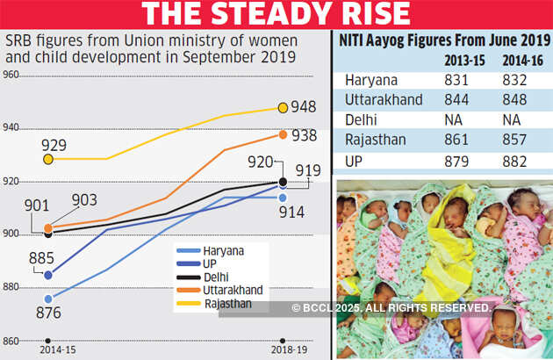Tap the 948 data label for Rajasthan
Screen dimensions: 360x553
(x=305, y=108)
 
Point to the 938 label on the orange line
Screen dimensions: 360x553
(x=305, y=135)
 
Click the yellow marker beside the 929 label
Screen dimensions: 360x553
(x=48, y=159)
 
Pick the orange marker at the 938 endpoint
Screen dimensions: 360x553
(x=283, y=134)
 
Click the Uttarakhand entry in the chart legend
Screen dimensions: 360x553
(x=231, y=289)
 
